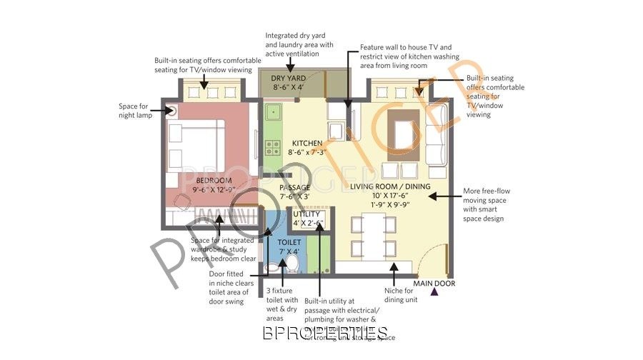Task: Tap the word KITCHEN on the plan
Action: click(x=307, y=144)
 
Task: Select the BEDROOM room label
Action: click(x=214, y=180)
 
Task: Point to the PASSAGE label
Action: click(x=294, y=188)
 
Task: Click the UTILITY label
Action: click(x=306, y=214)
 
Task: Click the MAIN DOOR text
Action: click(x=434, y=284)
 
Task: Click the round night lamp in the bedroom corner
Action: click(x=172, y=110)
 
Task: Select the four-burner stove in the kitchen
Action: click(x=273, y=148)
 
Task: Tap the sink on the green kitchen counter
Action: click(x=272, y=112)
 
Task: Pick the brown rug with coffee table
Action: click(x=404, y=134)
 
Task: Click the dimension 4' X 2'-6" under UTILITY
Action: click(x=308, y=224)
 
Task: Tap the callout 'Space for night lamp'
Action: click(x=135, y=110)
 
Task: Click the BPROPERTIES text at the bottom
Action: click(x=325, y=333)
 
